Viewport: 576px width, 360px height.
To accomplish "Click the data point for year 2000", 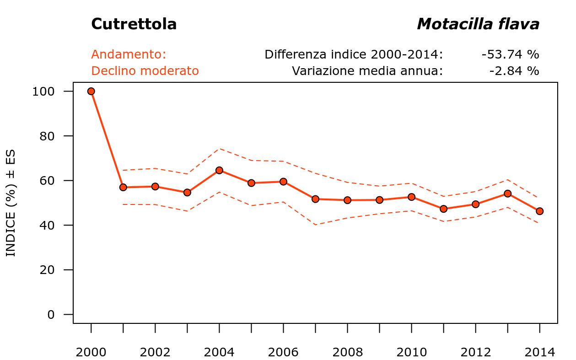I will click(91, 91).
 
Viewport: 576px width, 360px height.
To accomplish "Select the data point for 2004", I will click(219, 170).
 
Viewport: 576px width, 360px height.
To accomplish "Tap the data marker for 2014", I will click(539, 211).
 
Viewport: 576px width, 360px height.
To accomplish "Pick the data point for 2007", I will click(315, 199).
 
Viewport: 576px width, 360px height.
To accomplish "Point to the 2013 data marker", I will click(507, 193).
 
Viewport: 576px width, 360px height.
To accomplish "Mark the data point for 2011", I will click(443, 209).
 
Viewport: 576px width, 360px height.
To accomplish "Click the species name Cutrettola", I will click(134, 24).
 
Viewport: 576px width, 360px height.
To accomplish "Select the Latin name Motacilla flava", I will click(478, 24).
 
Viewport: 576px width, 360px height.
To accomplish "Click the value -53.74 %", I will click(510, 54).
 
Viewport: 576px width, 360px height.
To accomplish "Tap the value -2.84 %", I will click(514, 71).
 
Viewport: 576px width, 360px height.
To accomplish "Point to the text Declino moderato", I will click(145, 71).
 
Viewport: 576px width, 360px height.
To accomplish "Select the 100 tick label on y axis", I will click(43, 91).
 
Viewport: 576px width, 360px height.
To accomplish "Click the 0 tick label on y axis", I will click(50, 315).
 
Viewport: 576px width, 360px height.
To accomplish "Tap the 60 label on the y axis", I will click(47, 181).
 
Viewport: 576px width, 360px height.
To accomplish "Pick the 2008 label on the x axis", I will click(347, 352).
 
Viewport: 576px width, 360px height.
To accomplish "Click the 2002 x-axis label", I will click(155, 352).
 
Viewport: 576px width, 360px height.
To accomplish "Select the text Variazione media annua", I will click(367, 71).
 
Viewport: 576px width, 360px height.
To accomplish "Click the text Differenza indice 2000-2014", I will click(354, 54).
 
